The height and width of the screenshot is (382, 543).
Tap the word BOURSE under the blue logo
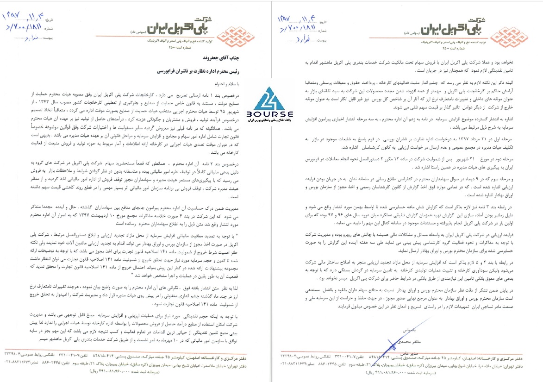[x=273, y=114]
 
